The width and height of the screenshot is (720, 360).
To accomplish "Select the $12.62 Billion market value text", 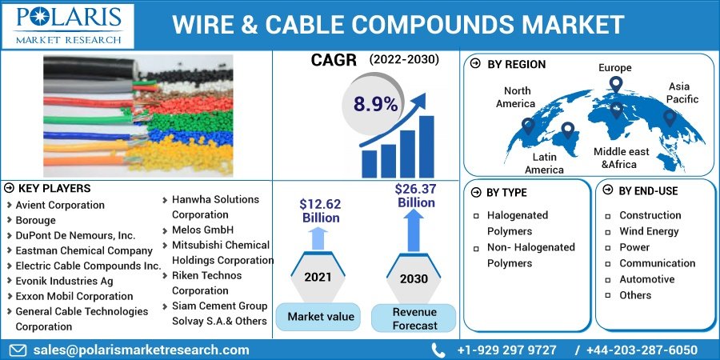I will [320, 211].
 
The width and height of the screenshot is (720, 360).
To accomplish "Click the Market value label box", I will [320, 317].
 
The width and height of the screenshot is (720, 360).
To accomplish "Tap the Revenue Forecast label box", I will [414, 318].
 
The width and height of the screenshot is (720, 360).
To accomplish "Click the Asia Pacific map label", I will [683, 93].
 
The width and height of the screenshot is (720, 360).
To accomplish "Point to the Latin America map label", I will [544, 163].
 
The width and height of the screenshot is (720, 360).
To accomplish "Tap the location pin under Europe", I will [615, 84].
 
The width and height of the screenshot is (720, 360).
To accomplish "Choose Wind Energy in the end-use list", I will [649, 231].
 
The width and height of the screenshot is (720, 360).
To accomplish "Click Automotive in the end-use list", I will [646, 279].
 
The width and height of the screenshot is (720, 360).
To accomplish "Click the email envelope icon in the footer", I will [18, 350].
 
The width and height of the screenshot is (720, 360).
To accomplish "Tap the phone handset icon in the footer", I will [438, 350].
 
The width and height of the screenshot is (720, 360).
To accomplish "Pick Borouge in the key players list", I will [36, 220].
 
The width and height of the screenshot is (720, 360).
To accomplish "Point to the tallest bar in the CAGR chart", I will [426, 146].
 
